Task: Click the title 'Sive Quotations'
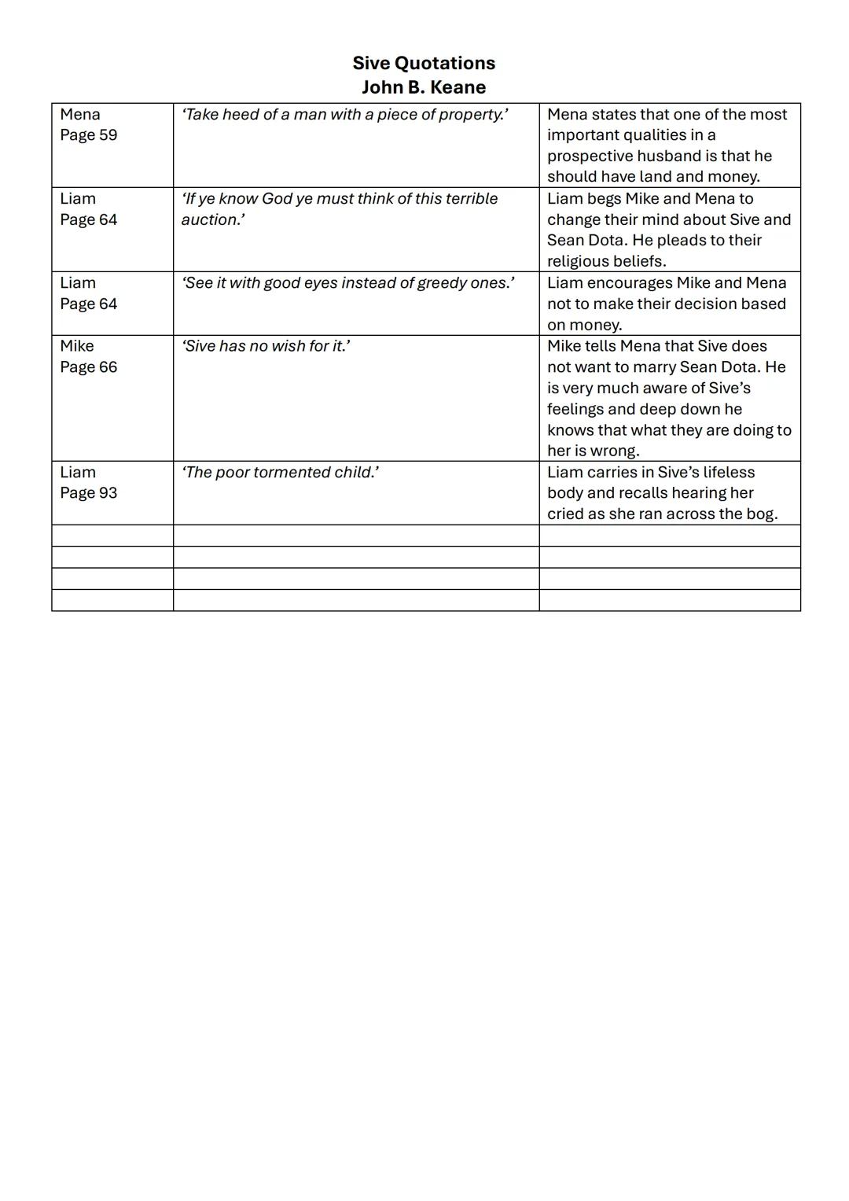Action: (424, 63)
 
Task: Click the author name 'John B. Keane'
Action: (424, 87)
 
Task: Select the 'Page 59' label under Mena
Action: (89, 135)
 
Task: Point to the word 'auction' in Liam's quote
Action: (210, 220)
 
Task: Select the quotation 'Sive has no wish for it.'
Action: (266, 346)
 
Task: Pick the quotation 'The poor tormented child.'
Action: (280, 473)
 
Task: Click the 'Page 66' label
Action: (89, 367)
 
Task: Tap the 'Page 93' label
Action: (89, 493)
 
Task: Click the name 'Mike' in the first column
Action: (77, 346)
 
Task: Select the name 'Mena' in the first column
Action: (80, 115)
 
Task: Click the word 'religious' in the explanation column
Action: (583, 261)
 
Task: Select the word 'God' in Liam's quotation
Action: (277, 199)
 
